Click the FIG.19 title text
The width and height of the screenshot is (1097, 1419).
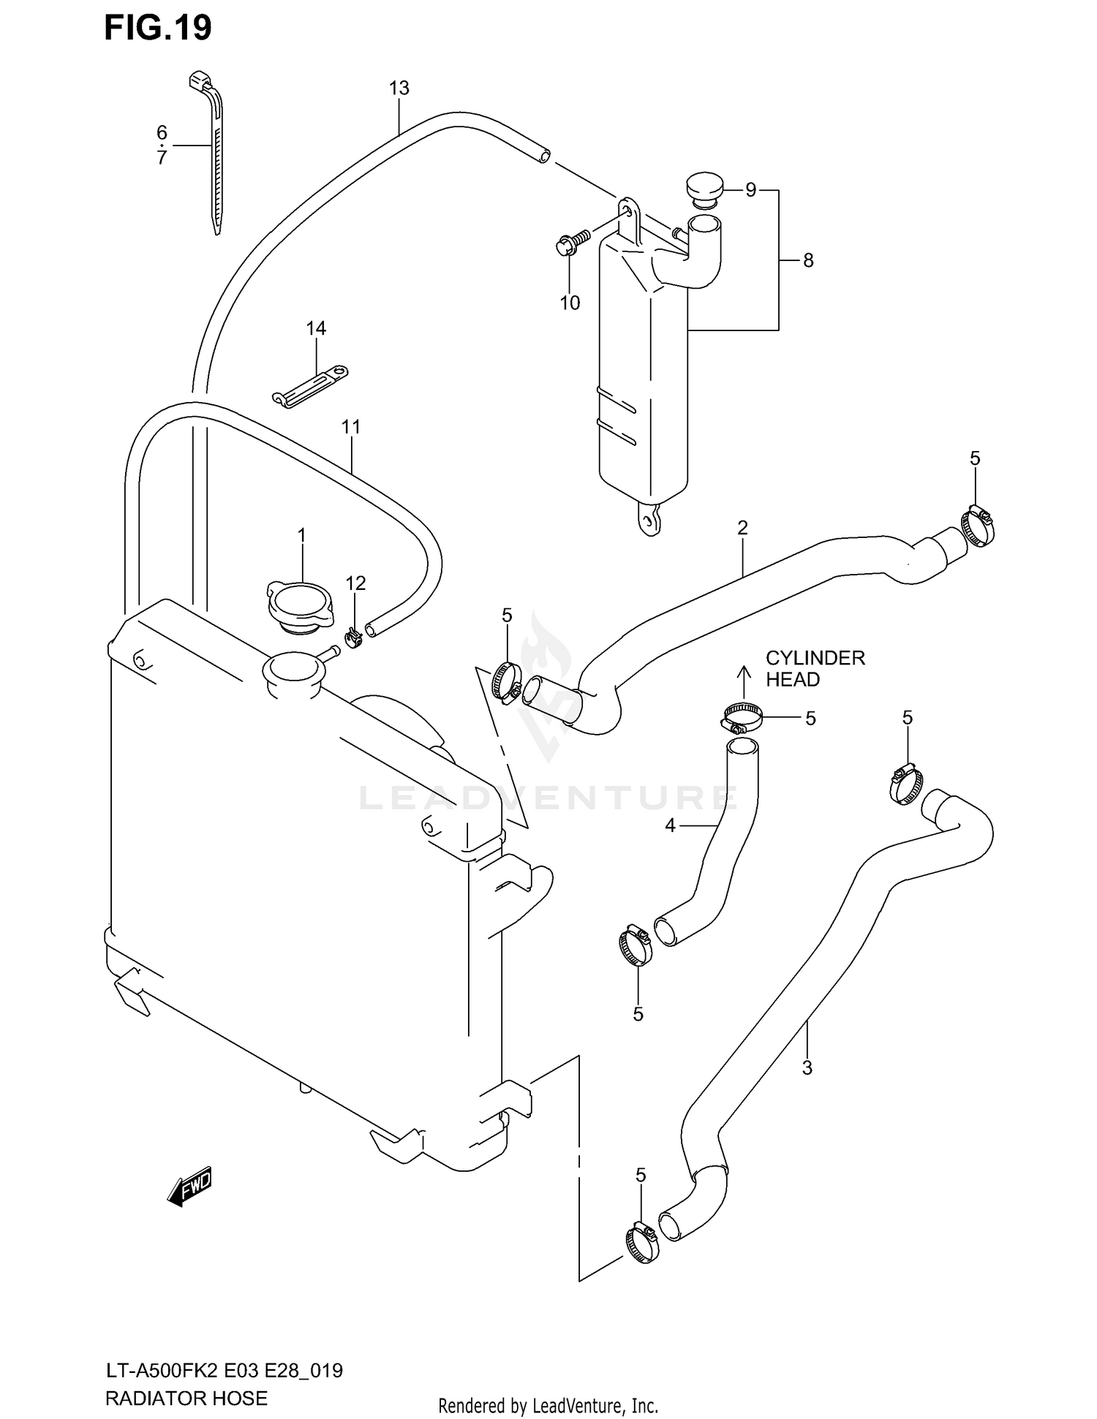tap(158, 28)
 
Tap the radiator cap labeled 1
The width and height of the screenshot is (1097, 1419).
tap(301, 606)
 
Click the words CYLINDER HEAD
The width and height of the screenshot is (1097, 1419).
tap(814, 668)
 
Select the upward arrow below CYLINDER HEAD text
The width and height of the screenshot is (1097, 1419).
tap(744, 681)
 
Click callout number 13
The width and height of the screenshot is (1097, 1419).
tap(399, 88)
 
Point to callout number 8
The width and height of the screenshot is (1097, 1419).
tap(807, 260)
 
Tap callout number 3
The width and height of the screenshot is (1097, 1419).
tap(807, 1068)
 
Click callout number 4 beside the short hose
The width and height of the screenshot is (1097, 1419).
tap(670, 826)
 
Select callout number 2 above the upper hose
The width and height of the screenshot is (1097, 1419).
tap(742, 527)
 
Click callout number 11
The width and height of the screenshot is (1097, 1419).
tap(351, 426)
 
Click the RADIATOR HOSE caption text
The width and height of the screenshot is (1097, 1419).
tap(186, 1399)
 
